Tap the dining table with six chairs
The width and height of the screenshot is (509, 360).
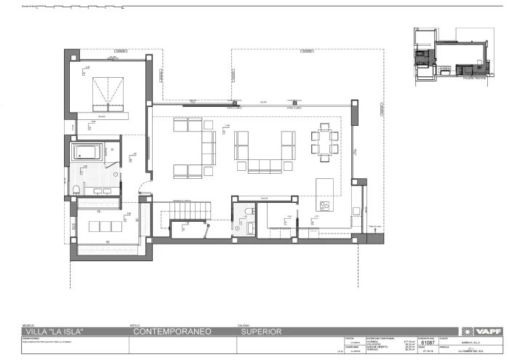pyautogui.click(x=324, y=141)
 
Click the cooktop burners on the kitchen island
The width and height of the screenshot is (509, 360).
pyautogui.click(x=324, y=206)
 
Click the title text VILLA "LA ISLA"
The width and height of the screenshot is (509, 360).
pyautogui.click(x=55, y=332)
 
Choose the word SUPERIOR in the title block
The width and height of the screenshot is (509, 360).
pyautogui.click(x=260, y=332)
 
